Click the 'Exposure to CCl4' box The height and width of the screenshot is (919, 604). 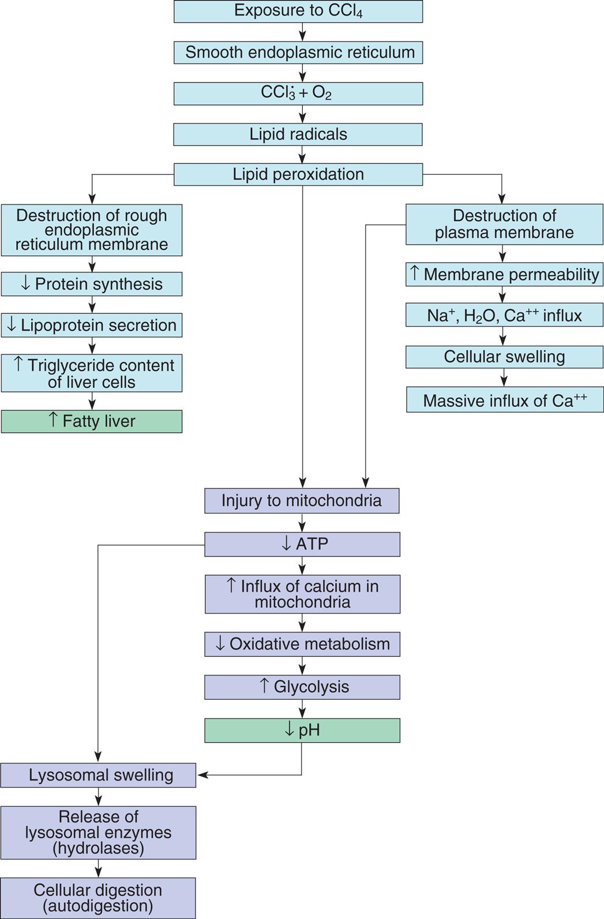(x=298, y=11)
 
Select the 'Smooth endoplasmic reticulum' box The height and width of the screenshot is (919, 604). (x=298, y=52)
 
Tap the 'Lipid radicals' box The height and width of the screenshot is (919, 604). (x=298, y=134)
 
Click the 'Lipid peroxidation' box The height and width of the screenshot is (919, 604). (x=298, y=174)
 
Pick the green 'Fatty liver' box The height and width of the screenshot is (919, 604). (x=92, y=421)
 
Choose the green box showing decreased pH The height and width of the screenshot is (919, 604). (x=302, y=730)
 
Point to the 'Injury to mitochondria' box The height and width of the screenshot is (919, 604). (x=302, y=500)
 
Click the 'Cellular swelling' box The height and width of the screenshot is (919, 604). (x=504, y=357)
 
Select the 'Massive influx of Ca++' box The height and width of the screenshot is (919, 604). (x=505, y=400)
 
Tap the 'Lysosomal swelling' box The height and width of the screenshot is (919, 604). (x=98, y=775)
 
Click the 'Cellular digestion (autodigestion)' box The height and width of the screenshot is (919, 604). (x=97, y=898)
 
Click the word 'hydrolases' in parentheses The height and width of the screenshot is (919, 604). (x=98, y=848)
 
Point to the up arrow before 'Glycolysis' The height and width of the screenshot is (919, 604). (x=264, y=686)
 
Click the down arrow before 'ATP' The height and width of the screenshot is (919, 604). (x=286, y=544)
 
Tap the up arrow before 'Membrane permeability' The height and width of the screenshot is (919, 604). (x=414, y=273)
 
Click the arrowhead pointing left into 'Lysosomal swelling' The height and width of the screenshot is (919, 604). (x=202, y=775)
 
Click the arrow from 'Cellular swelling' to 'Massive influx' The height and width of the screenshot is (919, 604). (x=504, y=378)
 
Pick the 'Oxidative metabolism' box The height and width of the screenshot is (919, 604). (x=302, y=644)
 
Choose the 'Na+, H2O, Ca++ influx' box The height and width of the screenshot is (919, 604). (x=504, y=316)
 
